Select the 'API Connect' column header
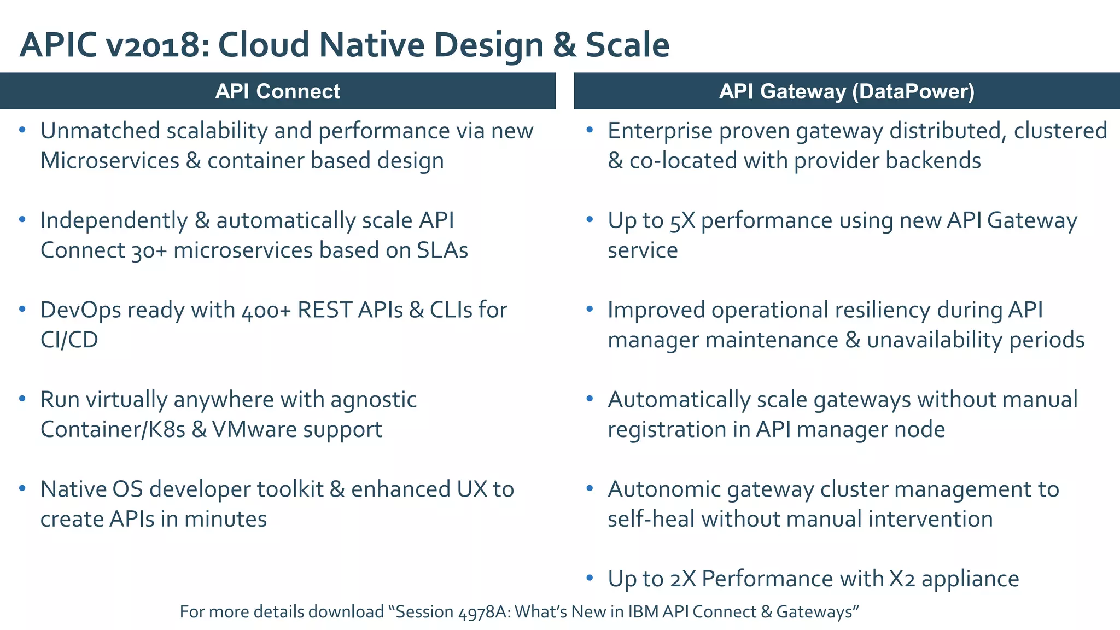tap(277, 91)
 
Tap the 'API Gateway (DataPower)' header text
tap(846, 91)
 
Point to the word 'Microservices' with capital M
tap(109, 161)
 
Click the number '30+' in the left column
tap(149, 250)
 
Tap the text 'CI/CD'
tap(69, 340)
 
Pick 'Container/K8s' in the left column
tap(113, 429)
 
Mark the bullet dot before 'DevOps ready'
tap(22, 309)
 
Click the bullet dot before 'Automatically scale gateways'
tap(590, 399)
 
